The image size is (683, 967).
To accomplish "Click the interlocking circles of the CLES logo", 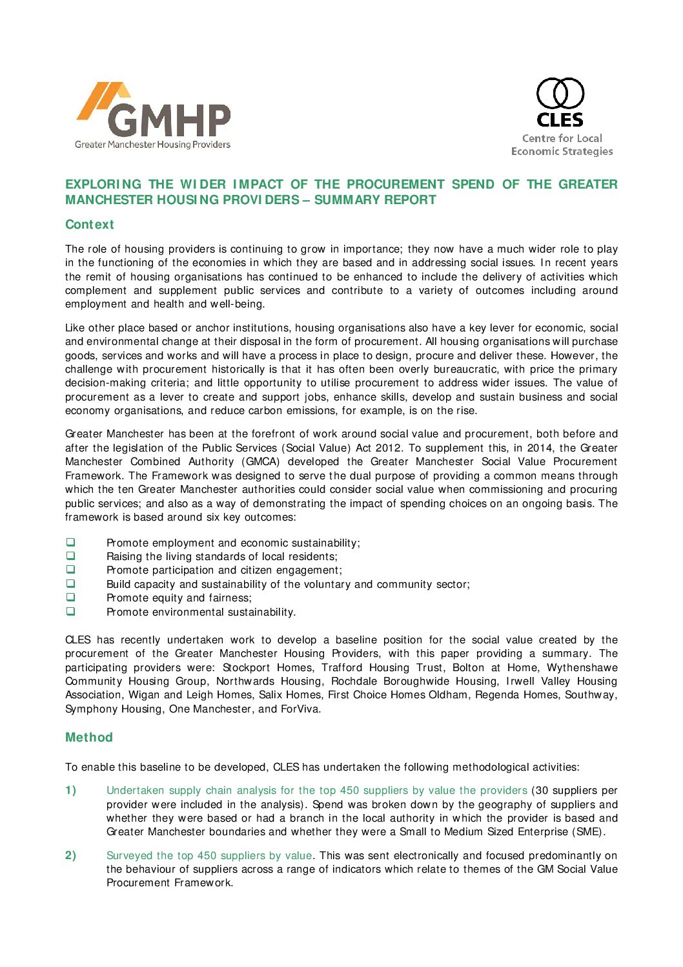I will click(x=560, y=94).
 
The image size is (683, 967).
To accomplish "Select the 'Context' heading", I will click(x=89, y=225).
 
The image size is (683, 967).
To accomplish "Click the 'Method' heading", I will click(x=88, y=738).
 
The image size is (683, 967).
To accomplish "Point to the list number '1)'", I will click(x=70, y=791).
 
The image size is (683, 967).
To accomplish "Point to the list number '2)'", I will click(x=70, y=856).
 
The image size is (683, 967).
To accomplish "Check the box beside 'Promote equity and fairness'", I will click(x=70, y=598).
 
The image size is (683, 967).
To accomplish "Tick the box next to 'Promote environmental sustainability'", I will click(x=70, y=611).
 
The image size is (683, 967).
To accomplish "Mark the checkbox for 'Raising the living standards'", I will click(x=70, y=556).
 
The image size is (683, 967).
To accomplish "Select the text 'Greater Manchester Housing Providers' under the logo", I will click(x=152, y=145).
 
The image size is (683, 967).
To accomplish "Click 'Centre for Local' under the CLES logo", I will click(x=562, y=138).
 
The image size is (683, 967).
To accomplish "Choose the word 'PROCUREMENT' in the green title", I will click(x=396, y=185).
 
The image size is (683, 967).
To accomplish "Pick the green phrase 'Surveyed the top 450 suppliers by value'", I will click(x=209, y=856).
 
